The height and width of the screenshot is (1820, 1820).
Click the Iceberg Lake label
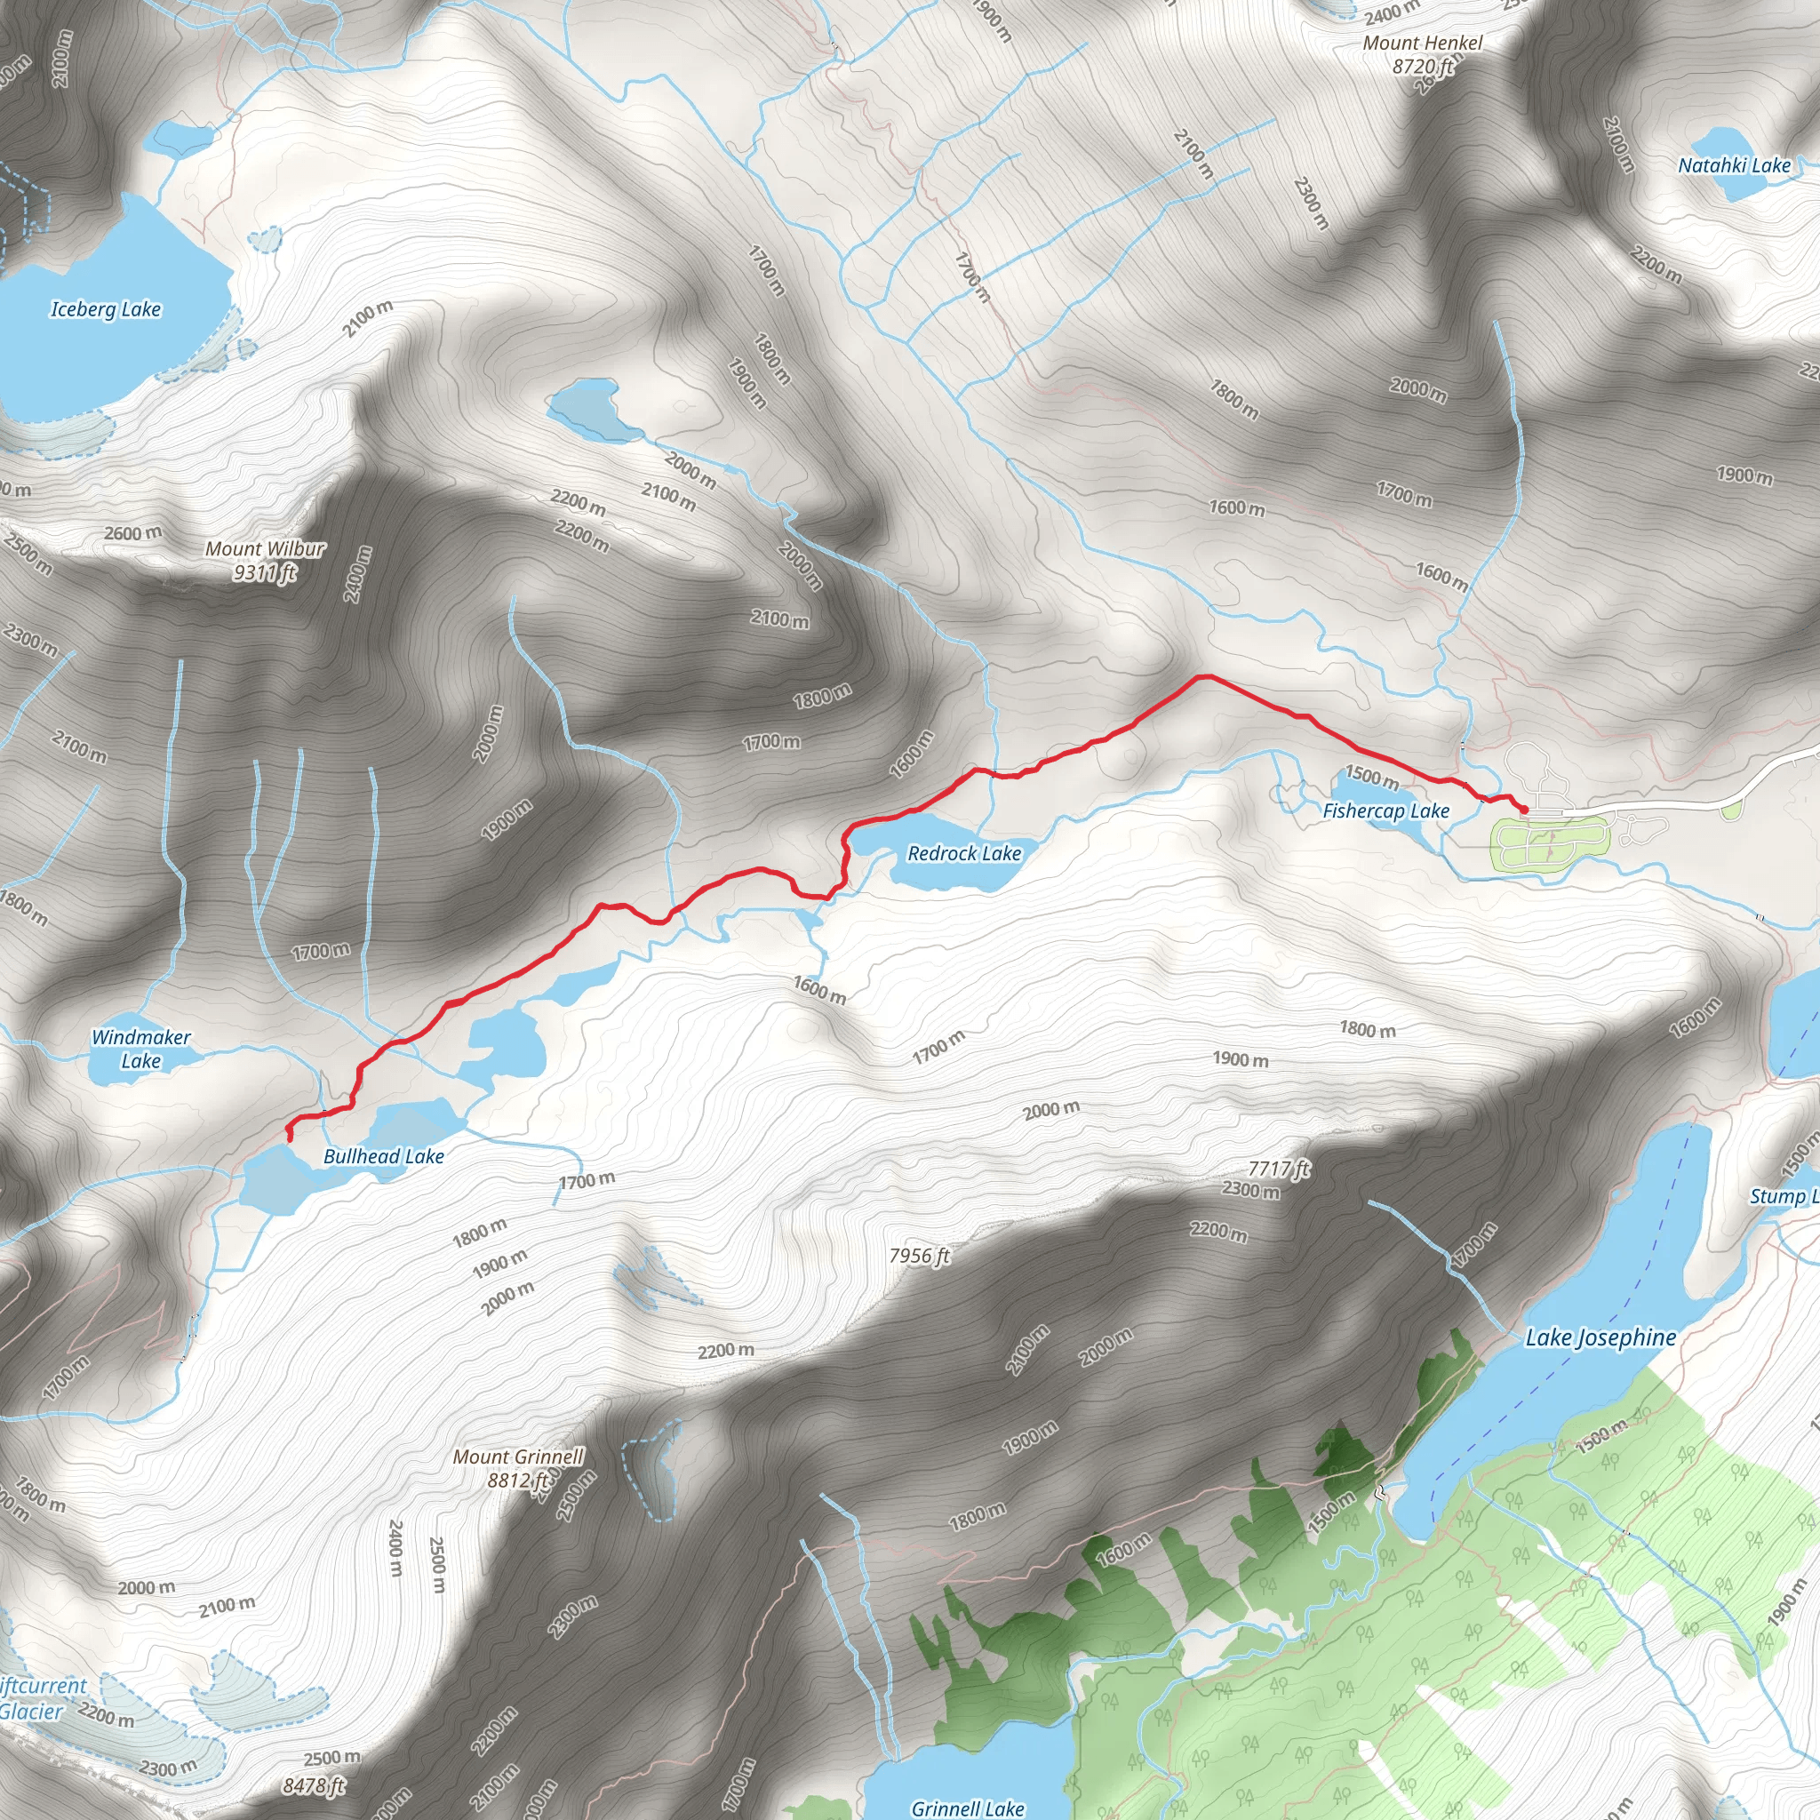[x=106, y=309]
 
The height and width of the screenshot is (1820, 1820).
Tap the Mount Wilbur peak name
[x=265, y=548]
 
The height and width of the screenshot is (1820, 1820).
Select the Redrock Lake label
[x=963, y=853]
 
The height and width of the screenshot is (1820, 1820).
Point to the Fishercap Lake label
[x=1385, y=811]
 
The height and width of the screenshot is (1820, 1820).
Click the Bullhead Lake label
[x=383, y=1156]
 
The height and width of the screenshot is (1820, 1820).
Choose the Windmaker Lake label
[x=140, y=1049]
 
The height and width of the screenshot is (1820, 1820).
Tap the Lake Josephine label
[x=1600, y=1337]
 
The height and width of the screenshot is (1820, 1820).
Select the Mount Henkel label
[x=1423, y=44]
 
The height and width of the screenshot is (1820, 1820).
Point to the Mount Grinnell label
[x=518, y=1457]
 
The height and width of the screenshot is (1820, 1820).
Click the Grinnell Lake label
[x=967, y=1808]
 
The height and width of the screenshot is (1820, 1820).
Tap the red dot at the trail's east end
[x=1524, y=810]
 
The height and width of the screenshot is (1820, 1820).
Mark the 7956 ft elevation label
[x=920, y=1256]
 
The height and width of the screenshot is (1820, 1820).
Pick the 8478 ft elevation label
[x=315, y=1785]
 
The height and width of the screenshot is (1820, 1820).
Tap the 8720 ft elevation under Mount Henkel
[x=1423, y=66]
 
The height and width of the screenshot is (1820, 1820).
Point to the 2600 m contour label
[x=132, y=533]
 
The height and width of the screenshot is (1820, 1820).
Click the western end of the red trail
[x=289, y=1139]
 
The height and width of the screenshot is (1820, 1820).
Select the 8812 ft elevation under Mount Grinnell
[x=516, y=1481]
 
